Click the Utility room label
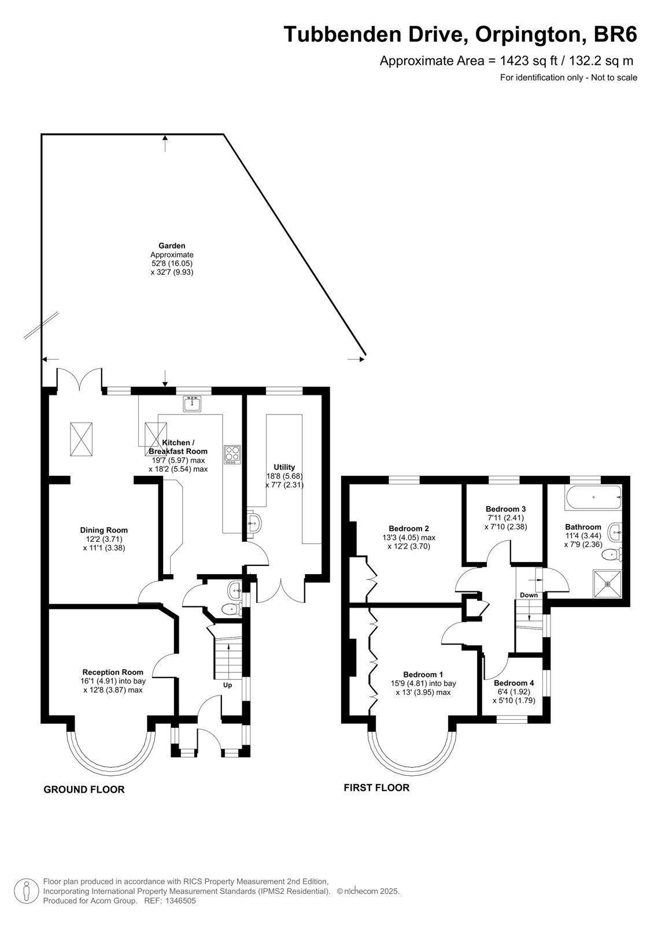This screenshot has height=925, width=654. [x=284, y=467]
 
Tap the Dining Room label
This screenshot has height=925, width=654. [x=104, y=530]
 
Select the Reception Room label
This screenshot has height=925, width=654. [x=113, y=672]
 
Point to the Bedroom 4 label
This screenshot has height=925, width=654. [x=516, y=683]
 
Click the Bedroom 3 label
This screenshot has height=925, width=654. [x=506, y=509]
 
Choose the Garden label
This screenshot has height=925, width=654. [x=172, y=246]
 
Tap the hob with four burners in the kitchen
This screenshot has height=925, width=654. [x=232, y=454]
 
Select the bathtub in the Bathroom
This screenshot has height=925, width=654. [x=593, y=498]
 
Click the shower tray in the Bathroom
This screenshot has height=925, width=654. [x=607, y=584]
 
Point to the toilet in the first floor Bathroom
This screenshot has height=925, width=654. [x=612, y=554]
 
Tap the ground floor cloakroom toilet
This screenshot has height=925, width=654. [x=232, y=609]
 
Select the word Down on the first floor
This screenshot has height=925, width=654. [x=529, y=595]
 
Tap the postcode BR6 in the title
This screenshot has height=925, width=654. [x=615, y=34]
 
